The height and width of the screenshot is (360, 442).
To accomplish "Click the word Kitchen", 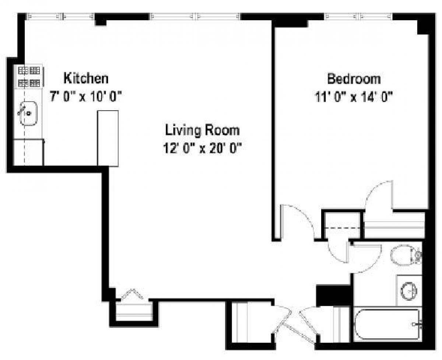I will tap(86, 78).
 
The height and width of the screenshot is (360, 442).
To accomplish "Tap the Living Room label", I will tap(202, 130).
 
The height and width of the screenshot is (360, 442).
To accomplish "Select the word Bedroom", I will tap(354, 79).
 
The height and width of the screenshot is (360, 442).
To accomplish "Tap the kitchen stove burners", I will tap(29, 76).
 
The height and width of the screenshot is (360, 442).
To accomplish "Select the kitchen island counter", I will tap(108, 138).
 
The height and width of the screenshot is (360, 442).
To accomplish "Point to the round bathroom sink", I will tap(409, 291).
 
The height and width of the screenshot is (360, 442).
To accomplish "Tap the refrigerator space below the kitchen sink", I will tap(28, 152).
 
